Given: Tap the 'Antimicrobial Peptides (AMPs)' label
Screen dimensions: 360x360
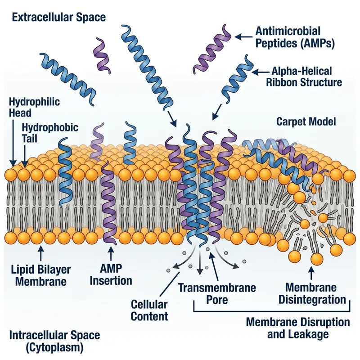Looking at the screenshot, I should click(288, 37).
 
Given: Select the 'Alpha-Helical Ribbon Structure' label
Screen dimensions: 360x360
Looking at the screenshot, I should click(306, 77).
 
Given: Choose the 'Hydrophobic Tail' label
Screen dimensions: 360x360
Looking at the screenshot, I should click(50, 133).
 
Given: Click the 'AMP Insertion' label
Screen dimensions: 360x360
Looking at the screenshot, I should click(111, 274).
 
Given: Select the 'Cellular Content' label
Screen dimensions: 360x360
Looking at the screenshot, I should click(149, 310).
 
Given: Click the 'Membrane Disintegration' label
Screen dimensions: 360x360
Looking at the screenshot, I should click(311, 293).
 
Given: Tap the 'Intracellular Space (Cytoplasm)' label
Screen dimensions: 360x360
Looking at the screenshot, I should click(54, 342).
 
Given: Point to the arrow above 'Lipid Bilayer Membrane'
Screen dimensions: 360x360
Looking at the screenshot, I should click(40, 252).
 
